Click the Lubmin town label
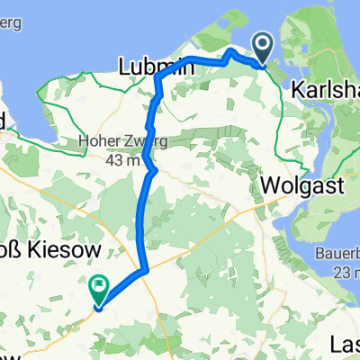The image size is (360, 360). (x=151, y=66)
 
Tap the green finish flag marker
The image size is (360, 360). (x=97, y=289)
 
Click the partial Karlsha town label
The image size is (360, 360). (x=326, y=91)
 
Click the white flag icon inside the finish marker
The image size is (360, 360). (x=97, y=287)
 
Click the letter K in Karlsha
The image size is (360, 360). (x=299, y=91)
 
